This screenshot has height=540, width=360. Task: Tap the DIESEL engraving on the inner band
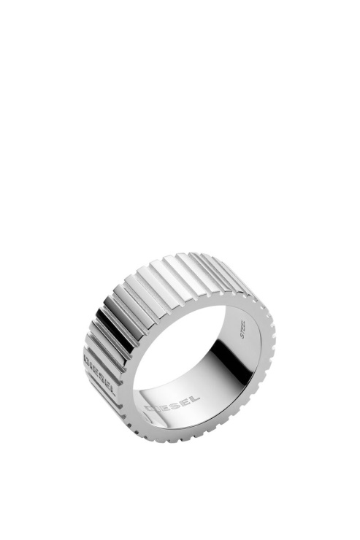coord(172,403)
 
